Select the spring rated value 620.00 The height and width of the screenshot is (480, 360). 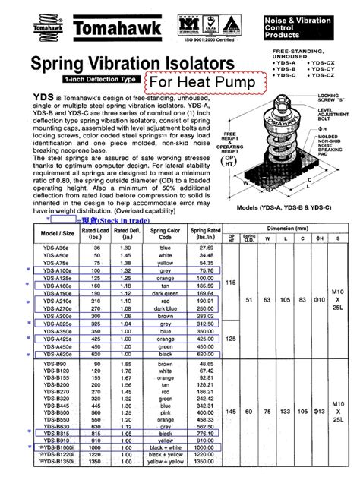[x=201, y=354]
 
